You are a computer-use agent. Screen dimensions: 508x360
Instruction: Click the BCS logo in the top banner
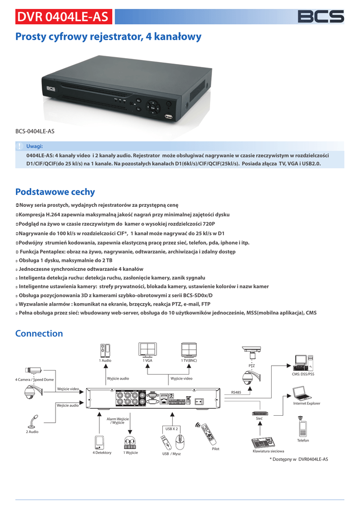pyautogui.click(x=320, y=16)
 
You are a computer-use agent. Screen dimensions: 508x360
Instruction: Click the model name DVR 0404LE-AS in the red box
pyautogui.click(x=63, y=17)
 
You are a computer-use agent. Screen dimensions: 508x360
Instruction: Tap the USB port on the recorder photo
pyautogui.click(x=168, y=118)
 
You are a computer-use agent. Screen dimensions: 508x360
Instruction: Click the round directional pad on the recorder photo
pyautogui.click(x=153, y=107)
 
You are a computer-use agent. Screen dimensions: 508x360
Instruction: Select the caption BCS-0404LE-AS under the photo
pyautogui.click(x=35, y=131)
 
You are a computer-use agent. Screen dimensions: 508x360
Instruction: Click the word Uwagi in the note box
pyautogui.click(x=35, y=146)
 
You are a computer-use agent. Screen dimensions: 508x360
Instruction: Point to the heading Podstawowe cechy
pyautogui.click(x=55, y=192)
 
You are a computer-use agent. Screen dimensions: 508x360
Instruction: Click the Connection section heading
pyautogui.click(x=39, y=333)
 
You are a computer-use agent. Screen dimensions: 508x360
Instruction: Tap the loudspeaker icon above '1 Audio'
pyautogui.click(x=105, y=350)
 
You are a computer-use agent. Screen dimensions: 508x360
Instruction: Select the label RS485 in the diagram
pyautogui.click(x=236, y=392)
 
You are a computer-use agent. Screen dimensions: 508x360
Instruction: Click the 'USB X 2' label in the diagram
pyautogui.click(x=171, y=428)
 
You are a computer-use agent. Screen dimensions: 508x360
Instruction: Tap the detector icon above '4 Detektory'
pyautogui.click(x=100, y=442)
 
